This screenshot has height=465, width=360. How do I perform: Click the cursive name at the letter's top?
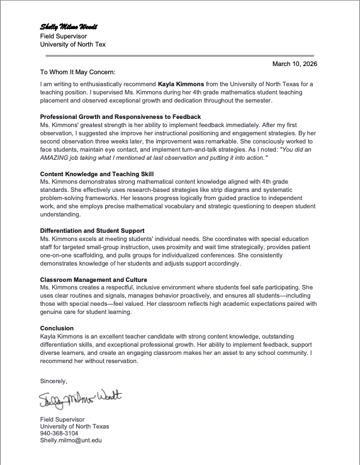tap(69, 28)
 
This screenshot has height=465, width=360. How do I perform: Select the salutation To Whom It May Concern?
tap(77, 72)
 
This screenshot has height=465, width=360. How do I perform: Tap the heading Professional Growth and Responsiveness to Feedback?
tap(120, 117)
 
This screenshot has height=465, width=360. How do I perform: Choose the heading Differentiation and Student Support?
tap(92, 231)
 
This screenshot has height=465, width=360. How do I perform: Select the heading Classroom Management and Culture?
tap(94, 279)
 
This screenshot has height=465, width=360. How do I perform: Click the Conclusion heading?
tap(57, 328)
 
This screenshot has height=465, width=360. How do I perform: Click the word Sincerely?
tap(53, 381)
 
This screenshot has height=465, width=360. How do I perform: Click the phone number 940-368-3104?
tap(59, 434)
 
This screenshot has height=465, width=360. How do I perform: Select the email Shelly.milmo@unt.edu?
tap(70, 440)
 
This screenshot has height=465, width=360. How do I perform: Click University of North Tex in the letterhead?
tap(71, 45)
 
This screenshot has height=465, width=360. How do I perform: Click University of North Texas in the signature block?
tap(74, 426)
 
